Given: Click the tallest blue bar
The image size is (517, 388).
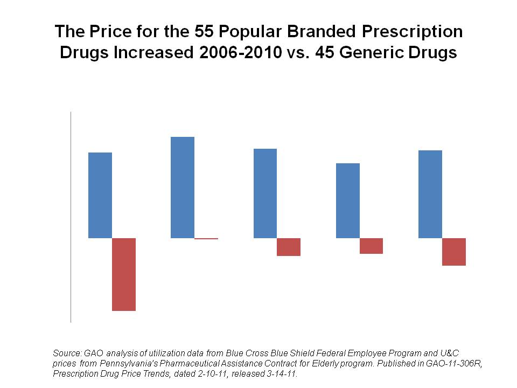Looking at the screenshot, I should (x=183, y=187).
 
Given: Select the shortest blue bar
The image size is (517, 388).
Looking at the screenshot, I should (x=348, y=200).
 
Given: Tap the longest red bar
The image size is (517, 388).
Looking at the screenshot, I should (x=124, y=274).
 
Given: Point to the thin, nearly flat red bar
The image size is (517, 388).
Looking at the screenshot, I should (x=206, y=238).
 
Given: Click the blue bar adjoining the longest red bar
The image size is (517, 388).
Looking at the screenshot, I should (x=100, y=195).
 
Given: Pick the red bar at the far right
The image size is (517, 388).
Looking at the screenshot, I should (x=454, y=252).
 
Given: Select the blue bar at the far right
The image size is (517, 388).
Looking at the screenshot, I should (x=430, y=194).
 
